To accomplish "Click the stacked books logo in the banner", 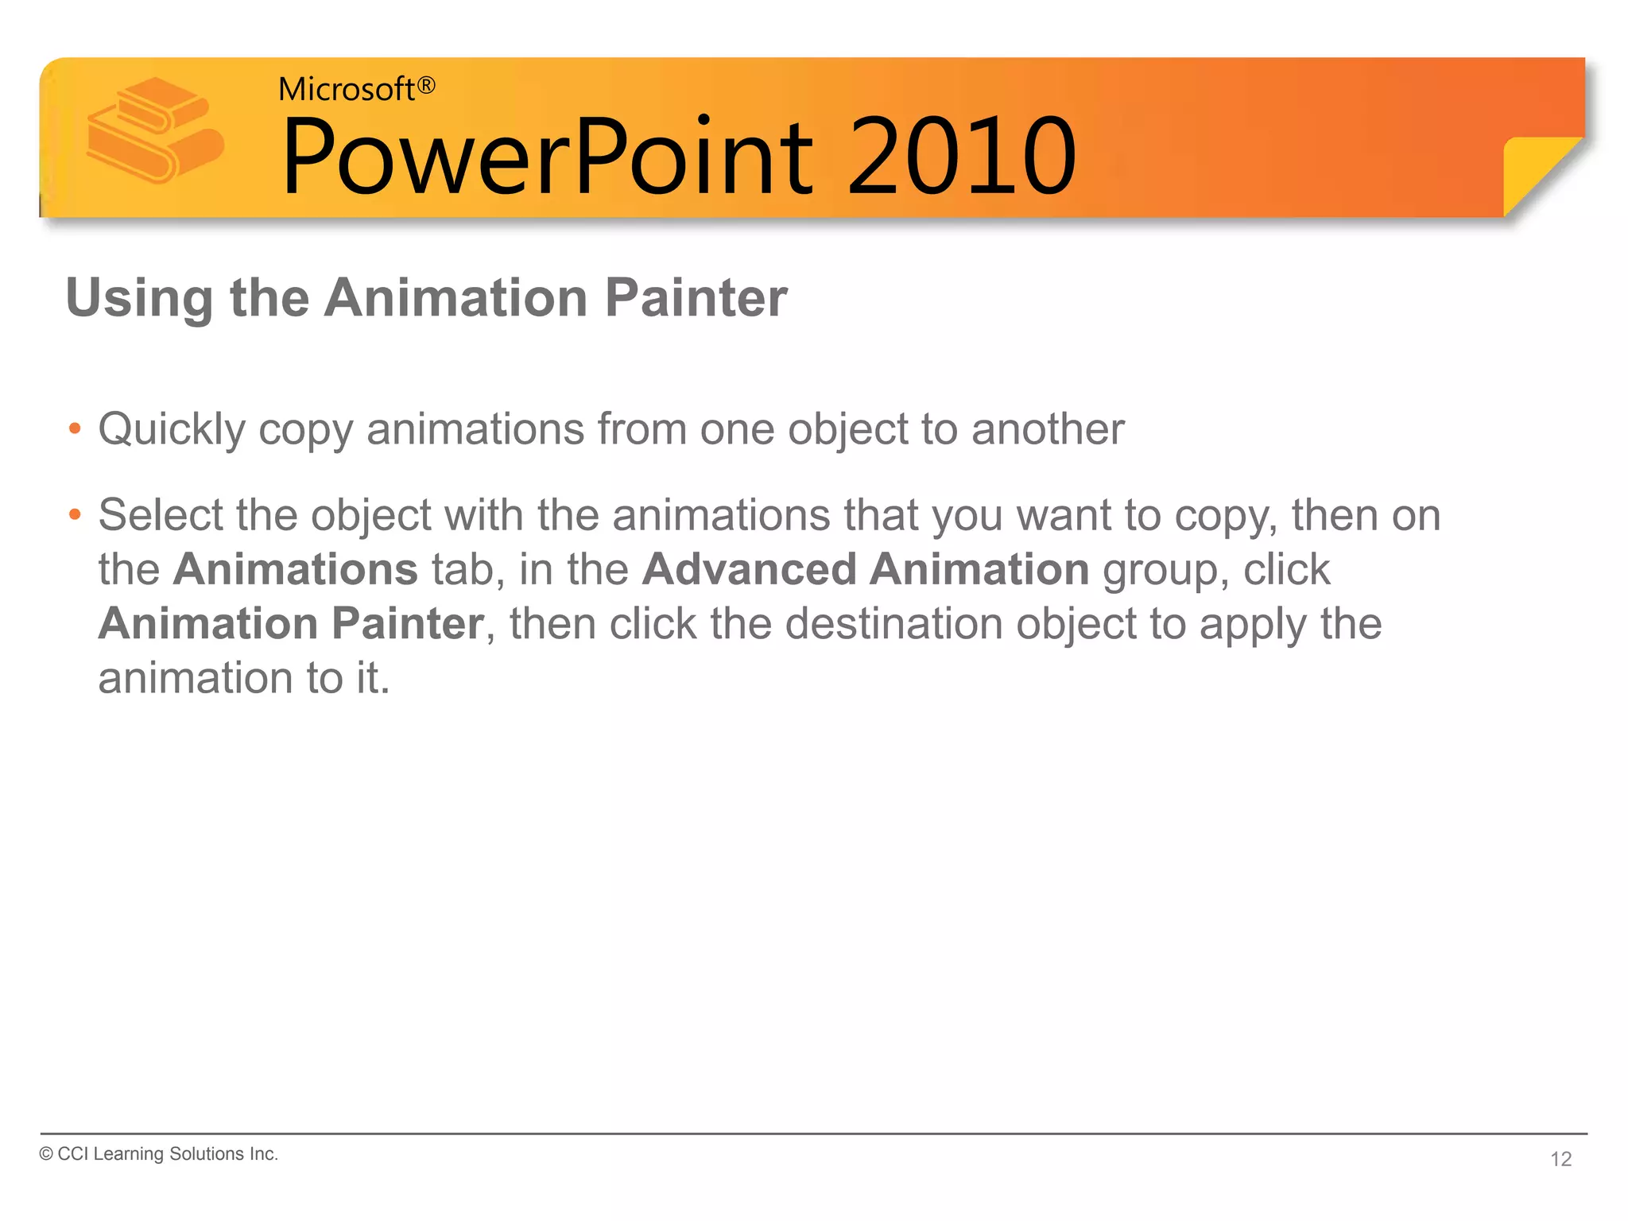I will click(155, 130).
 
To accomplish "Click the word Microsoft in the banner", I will click(346, 89).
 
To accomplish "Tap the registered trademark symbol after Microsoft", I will click(427, 85).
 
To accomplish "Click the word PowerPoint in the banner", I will click(548, 157).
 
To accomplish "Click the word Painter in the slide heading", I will click(696, 298).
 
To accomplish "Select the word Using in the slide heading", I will click(139, 300).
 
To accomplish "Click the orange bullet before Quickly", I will click(75, 429).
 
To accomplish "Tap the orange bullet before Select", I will click(75, 515).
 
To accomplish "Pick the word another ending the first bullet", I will click(1047, 429).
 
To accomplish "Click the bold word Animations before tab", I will click(295, 569).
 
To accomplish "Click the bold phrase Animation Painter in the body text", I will click(291, 623).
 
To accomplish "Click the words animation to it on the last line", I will click(243, 678).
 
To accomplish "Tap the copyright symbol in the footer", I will click(46, 1154).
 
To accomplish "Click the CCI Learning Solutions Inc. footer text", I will click(168, 1154).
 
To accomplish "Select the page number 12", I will click(1560, 1159).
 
